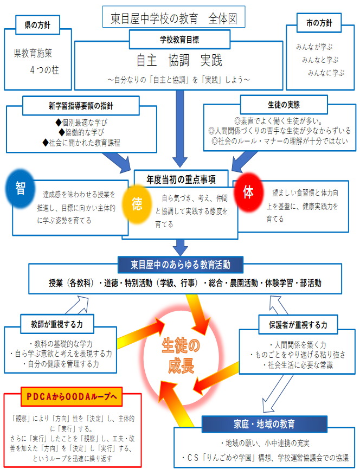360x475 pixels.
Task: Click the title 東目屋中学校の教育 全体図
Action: tap(173, 17)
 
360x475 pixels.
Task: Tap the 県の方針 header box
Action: tap(38, 24)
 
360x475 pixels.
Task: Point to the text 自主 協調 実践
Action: tap(179, 59)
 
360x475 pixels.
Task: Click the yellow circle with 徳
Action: tap(137, 204)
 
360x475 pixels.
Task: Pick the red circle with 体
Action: tap(248, 193)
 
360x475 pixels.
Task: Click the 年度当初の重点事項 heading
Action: tap(182, 178)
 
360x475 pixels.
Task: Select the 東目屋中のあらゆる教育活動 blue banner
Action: tap(181, 265)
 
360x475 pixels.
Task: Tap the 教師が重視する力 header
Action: tap(57, 325)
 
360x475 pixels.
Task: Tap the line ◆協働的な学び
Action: tap(81, 132)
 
